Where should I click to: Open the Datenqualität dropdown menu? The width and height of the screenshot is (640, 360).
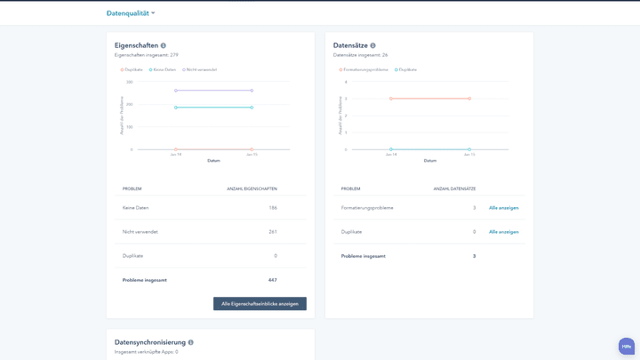click(x=131, y=13)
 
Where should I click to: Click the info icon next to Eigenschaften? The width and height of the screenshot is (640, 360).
click(x=164, y=45)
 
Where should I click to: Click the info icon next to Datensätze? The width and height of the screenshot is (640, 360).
click(x=372, y=45)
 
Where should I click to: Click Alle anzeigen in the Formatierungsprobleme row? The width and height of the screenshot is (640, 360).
click(x=503, y=208)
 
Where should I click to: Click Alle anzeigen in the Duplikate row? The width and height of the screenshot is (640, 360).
click(x=503, y=232)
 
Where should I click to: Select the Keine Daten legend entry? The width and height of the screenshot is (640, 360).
click(x=163, y=69)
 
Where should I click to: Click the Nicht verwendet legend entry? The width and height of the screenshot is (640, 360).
click(x=200, y=69)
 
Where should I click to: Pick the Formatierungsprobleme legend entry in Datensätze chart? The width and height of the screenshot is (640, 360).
click(x=364, y=69)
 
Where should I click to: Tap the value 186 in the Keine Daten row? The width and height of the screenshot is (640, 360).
click(x=272, y=208)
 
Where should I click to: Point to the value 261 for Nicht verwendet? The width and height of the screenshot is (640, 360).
click(x=272, y=232)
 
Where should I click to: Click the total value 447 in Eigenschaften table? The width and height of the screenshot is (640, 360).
click(x=272, y=280)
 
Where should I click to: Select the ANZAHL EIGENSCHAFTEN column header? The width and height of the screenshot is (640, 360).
click(x=252, y=188)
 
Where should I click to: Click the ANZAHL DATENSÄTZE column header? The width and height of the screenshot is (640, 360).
click(x=454, y=188)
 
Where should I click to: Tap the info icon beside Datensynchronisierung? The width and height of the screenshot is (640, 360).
click(x=190, y=342)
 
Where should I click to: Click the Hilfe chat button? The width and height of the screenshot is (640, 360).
click(x=627, y=346)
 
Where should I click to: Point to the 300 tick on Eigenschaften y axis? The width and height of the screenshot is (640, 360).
click(x=129, y=82)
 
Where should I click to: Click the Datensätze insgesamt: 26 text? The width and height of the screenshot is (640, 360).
click(x=360, y=55)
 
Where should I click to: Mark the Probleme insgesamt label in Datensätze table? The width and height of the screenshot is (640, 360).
click(x=363, y=256)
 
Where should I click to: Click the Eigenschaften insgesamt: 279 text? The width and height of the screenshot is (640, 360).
click(x=146, y=55)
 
